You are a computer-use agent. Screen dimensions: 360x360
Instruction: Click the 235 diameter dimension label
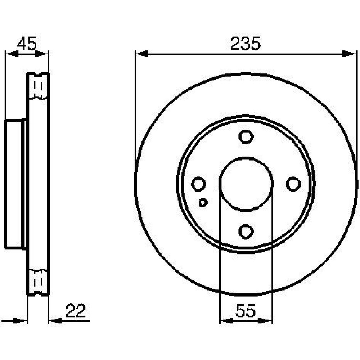point(246,44)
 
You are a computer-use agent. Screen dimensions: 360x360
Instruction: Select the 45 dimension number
point(27,44)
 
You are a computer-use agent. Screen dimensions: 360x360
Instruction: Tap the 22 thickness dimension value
point(76,311)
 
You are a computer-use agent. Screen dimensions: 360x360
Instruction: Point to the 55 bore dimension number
point(245,311)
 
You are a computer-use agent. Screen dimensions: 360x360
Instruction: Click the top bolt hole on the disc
point(246,137)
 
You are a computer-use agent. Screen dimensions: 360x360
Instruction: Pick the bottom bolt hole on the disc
point(246,231)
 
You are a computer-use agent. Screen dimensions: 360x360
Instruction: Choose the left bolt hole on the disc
point(198,184)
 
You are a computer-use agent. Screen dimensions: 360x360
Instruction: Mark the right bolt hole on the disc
point(293,184)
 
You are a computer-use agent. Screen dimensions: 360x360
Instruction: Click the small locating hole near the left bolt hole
point(203,202)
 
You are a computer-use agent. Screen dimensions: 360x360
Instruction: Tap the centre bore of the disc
point(246,184)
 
